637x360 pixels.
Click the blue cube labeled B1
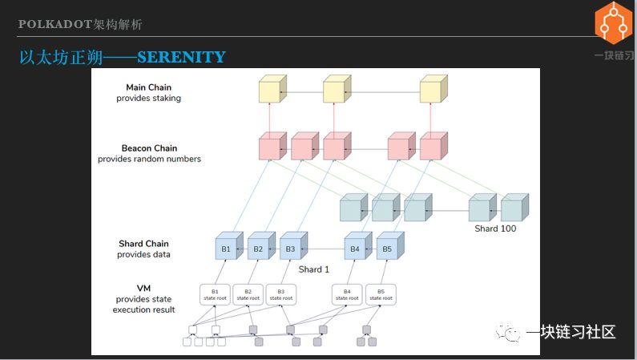[x=226, y=249]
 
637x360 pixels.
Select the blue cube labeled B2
[x=258, y=249]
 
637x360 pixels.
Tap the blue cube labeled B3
[x=290, y=249]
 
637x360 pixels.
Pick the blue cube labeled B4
[x=355, y=249]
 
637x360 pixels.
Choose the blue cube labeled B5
[x=387, y=249]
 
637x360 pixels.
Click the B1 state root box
[x=215, y=293]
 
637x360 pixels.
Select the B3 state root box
[x=280, y=293]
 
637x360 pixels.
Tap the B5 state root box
[x=380, y=293]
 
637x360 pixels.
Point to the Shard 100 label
[x=495, y=229]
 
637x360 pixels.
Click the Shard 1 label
[x=314, y=269]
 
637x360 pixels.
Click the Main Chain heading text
[x=148, y=87]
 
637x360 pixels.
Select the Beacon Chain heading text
[x=149, y=148]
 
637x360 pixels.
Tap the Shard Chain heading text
[x=143, y=244]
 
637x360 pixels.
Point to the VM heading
[x=143, y=288]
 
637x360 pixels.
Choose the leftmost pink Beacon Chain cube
[x=270, y=148]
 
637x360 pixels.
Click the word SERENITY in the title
[x=181, y=58]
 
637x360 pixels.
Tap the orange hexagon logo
[x=613, y=23]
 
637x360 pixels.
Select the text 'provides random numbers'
[x=149, y=159]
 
